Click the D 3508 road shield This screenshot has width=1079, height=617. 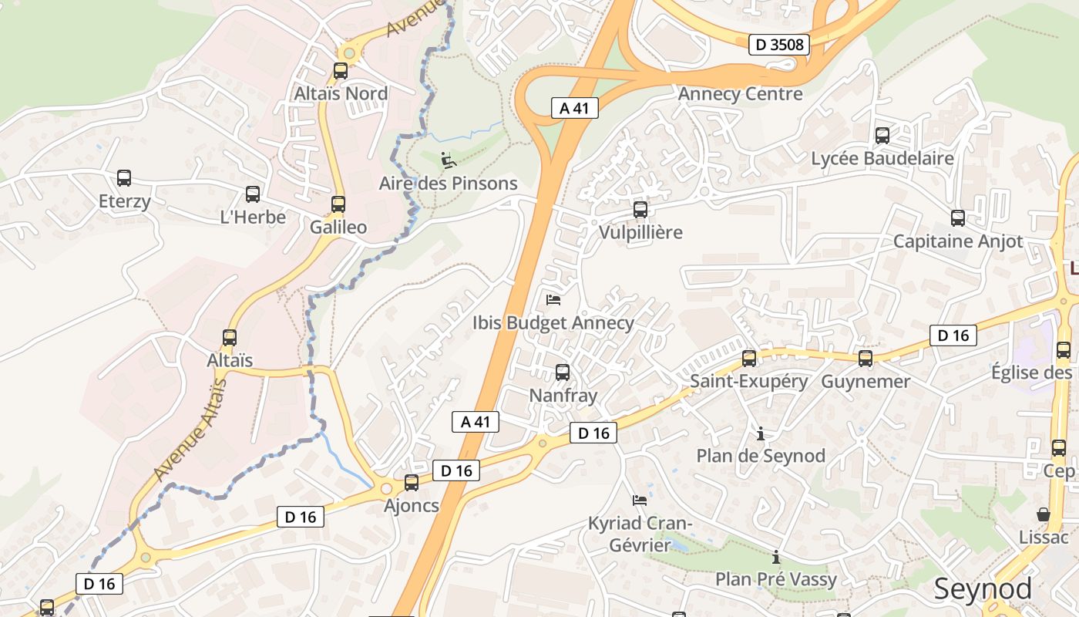pos(779,45)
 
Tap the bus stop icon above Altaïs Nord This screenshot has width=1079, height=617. pos(340,71)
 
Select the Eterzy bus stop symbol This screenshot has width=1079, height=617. pos(124,178)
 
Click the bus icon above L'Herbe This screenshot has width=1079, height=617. pos(252,194)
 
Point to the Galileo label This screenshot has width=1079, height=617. pos(338,228)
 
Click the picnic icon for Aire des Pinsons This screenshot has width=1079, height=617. pos(448,160)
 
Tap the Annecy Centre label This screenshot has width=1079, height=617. pos(740,94)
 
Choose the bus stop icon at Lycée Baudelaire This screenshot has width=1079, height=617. pos(882,136)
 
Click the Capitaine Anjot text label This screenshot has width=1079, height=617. pos(958,241)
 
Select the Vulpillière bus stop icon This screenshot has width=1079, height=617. pos(640,209)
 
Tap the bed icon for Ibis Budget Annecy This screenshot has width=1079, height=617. pos(553,299)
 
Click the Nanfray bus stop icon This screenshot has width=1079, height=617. pos(563,373)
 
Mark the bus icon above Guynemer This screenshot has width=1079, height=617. pos(866,358)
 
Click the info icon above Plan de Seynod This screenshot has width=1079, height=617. pos(761,433)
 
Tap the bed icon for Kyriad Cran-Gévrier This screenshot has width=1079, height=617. pos(640,500)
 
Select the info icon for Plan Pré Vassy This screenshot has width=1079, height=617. pos(776,557)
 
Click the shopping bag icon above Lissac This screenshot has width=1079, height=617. pos(1044,514)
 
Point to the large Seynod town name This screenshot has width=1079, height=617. pos(983,589)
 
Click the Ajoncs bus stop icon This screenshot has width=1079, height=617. pos(412,483)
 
